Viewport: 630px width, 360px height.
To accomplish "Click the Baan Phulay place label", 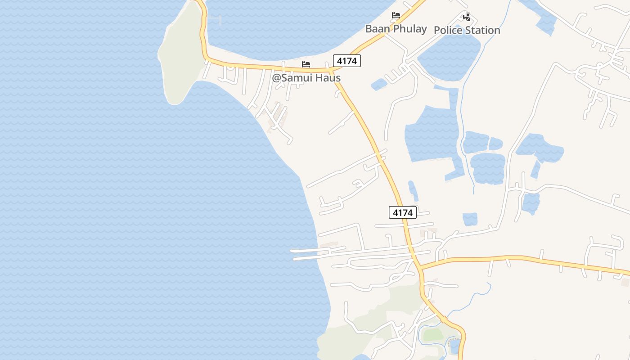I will (396, 29).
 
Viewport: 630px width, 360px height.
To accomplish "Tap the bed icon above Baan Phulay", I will (396, 16).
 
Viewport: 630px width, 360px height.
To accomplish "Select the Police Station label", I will (467, 30).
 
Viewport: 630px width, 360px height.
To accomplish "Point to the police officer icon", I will (467, 17).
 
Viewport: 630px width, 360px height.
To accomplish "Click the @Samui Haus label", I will (306, 78).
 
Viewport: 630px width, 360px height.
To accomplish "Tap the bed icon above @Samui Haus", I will (306, 64).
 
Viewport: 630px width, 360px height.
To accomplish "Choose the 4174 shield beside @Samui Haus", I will (347, 61).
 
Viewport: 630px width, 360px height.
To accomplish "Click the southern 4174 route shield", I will (402, 212).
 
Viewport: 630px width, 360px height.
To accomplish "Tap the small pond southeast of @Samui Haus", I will (379, 84).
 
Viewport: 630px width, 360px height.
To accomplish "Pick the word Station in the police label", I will (483, 30).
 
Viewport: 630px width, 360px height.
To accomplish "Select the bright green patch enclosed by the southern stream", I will (433, 335).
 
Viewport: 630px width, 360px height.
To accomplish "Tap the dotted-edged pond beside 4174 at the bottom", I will (455, 346).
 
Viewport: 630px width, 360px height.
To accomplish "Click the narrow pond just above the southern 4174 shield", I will (413, 191).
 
